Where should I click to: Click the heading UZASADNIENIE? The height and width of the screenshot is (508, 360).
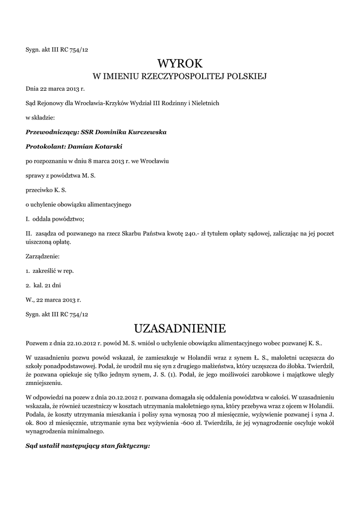coord(180,328)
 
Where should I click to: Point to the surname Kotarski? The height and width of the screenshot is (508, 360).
coord(105,146)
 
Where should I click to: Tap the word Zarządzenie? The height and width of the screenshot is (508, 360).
coord(42,257)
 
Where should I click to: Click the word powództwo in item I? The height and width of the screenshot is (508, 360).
coord(70,218)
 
